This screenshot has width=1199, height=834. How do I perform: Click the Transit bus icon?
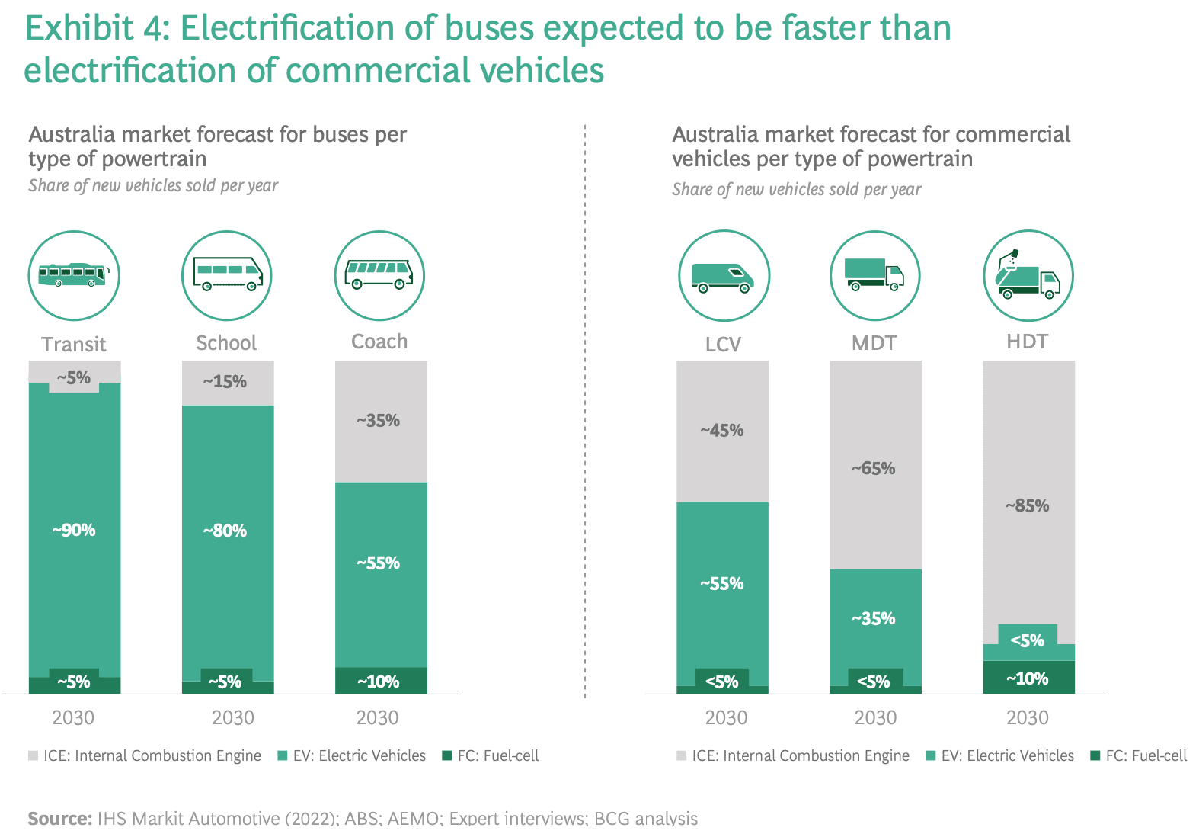point(74,275)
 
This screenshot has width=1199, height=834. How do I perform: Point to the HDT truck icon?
point(1028,275)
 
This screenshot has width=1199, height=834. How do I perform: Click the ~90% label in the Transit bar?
point(74,531)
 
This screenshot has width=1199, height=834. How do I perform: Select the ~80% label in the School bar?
point(225,531)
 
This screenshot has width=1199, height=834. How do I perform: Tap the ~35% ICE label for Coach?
point(379,421)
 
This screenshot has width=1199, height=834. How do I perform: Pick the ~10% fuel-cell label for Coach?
point(379,682)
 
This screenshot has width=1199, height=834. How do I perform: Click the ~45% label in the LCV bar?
point(722,431)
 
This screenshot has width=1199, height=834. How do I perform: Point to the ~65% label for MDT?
point(874,469)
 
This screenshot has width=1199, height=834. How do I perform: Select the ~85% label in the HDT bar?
point(1028,506)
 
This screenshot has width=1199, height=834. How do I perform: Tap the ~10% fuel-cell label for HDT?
point(1028,678)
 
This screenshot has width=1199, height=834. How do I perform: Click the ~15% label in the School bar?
point(225,382)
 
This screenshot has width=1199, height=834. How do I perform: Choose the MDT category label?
point(874,343)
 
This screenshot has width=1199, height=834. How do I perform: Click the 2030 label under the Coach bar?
point(378,718)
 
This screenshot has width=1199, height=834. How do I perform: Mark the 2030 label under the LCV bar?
point(726,718)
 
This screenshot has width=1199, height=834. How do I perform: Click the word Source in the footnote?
point(59,819)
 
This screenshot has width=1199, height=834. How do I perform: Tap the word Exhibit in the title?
point(79,29)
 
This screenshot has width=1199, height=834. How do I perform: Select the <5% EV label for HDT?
point(1028,641)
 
